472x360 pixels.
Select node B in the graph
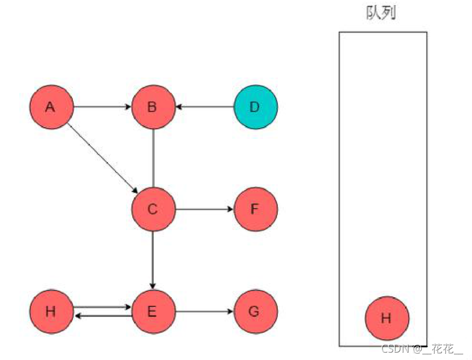click(x=153, y=107)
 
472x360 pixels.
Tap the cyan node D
click(x=255, y=107)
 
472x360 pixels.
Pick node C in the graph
click(x=153, y=209)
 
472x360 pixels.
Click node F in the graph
click(x=255, y=209)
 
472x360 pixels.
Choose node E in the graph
click(x=153, y=311)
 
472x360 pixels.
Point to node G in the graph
click(x=255, y=311)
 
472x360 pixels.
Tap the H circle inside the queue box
click(x=387, y=318)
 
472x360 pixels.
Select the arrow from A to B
click(x=102, y=106)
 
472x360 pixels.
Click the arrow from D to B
click(x=204, y=106)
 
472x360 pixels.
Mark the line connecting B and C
click(x=153, y=158)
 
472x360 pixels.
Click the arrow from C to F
click(x=204, y=209)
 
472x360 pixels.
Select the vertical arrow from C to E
click(x=153, y=260)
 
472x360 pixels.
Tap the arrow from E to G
click(x=204, y=311)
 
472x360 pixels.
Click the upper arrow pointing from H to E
click(x=102, y=307)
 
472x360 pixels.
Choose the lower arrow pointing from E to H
click(x=102, y=315)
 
